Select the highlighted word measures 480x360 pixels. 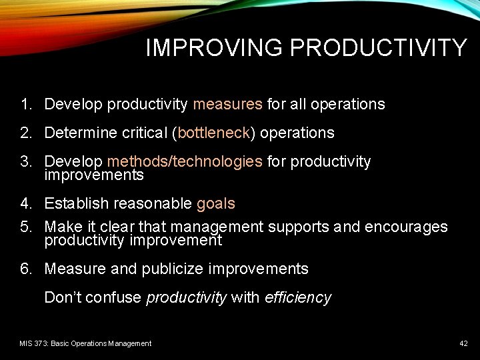pyautogui.click(x=227, y=104)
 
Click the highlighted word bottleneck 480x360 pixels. pyautogui.click(x=213, y=133)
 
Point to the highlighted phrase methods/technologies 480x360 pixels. pyautogui.click(x=185, y=161)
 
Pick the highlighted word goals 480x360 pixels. pyautogui.click(x=215, y=203)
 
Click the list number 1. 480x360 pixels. pyautogui.click(x=25, y=104)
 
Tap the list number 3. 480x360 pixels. pyautogui.click(x=25, y=161)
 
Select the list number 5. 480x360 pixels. pyautogui.click(x=25, y=227)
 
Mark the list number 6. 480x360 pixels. pyautogui.click(x=25, y=269)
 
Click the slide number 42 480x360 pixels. pyautogui.click(x=463, y=343)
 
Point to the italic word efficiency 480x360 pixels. pyautogui.click(x=297, y=297)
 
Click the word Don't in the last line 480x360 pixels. pyautogui.click(x=65, y=297)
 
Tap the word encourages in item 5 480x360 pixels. pyautogui.click(x=405, y=227)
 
